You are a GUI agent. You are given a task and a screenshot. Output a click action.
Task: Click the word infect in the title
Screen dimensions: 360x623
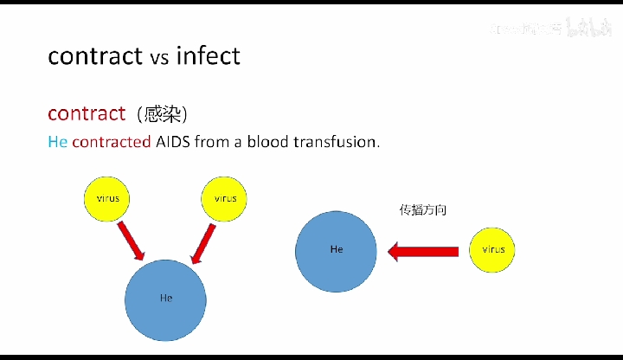tap(208, 56)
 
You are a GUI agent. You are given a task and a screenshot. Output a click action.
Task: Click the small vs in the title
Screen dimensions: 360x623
tap(159, 59)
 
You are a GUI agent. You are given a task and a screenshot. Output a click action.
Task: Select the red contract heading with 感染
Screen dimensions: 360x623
tap(87, 113)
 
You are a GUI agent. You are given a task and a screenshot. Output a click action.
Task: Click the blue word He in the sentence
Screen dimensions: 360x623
tap(57, 142)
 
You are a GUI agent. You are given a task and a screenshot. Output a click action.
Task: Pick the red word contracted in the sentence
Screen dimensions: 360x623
tap(112, 142)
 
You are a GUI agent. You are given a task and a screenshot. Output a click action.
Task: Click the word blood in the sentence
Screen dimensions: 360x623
tap(269, 142)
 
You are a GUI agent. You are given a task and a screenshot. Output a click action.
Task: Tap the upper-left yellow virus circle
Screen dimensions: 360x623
tap(108, 198)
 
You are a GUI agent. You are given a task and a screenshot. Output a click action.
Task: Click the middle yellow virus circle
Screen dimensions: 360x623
tap(225, 198)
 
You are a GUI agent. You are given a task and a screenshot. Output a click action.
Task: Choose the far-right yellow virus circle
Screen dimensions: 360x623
tap(493, 250)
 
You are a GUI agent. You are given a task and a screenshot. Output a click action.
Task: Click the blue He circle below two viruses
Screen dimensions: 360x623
tap(166, 299)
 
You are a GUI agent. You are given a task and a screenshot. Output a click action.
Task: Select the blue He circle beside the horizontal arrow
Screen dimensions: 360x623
tap(337, 250)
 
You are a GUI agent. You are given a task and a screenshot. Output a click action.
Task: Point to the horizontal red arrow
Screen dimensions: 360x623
tap(422, 252)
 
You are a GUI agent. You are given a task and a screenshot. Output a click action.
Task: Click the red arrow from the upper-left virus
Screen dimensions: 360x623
tap(131, 240)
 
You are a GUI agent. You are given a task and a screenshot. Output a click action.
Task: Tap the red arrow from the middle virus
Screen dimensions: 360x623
tap(202, 241)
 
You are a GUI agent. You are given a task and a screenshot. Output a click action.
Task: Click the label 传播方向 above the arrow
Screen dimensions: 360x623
tap(422, 209)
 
